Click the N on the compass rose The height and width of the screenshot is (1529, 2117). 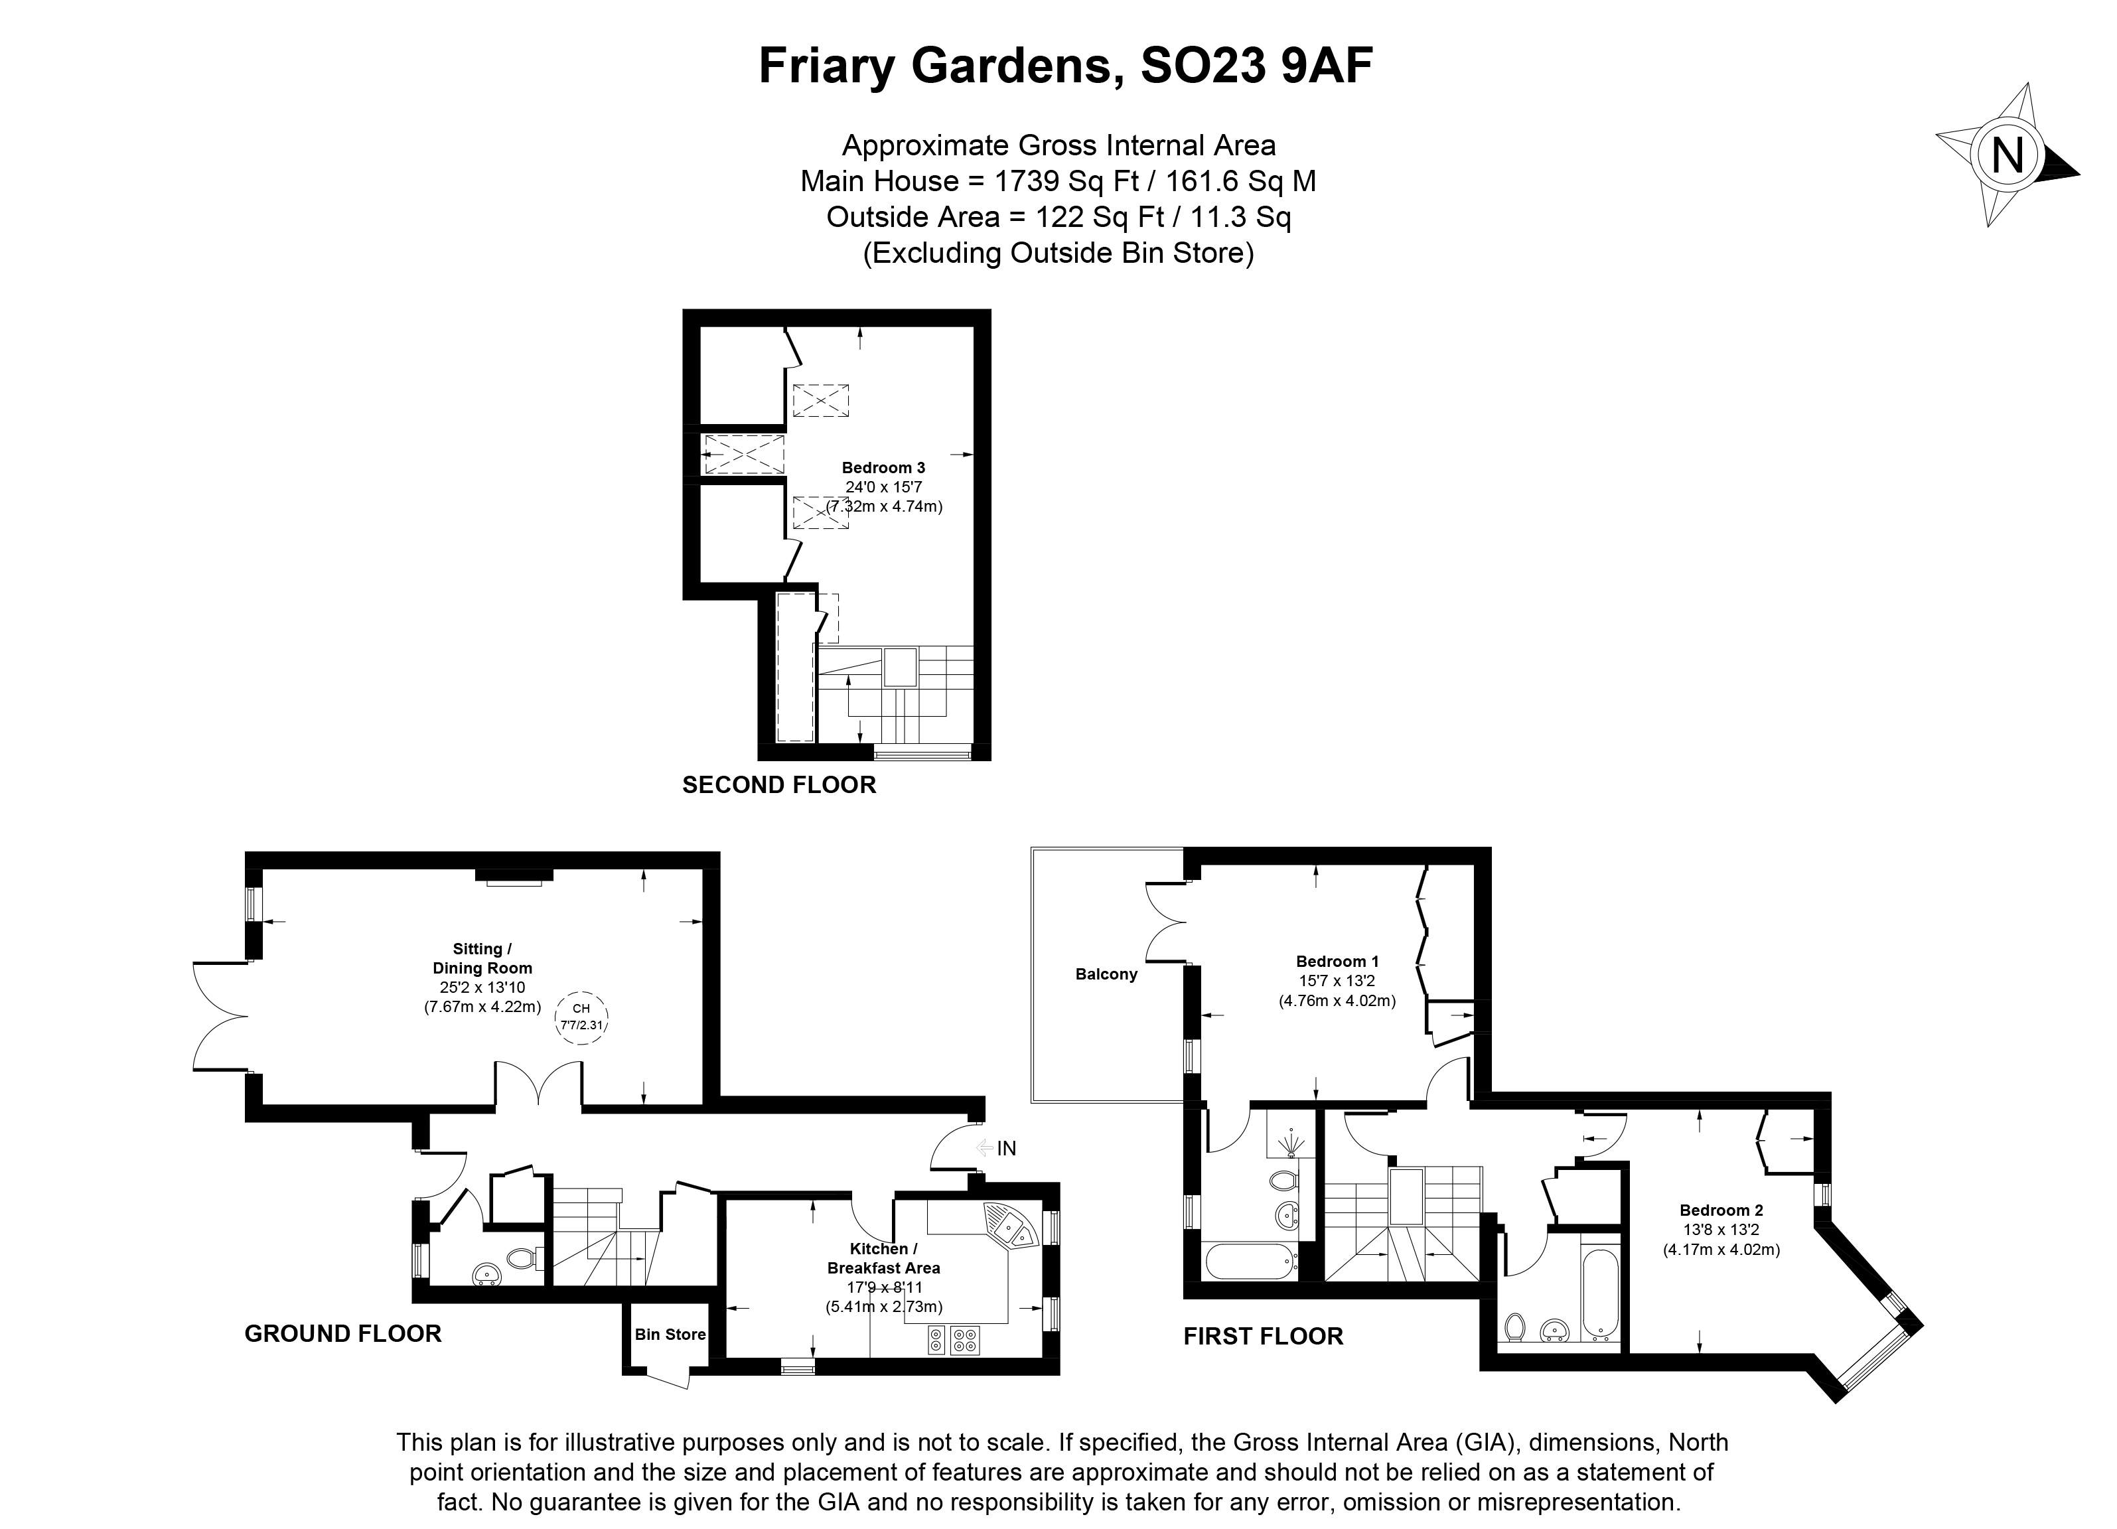pos(2008,156)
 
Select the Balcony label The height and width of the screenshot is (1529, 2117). pos(1106,974)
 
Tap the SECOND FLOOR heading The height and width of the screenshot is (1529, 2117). pos(778,785)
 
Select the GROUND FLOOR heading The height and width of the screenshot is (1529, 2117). pos(342,1333)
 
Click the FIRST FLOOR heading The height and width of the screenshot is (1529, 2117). pos(1263,1336)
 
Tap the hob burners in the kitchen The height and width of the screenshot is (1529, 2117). pos(953,1341)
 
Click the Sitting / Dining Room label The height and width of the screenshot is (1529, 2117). pos(482,958)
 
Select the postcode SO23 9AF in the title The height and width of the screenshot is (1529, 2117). pos(1256,66)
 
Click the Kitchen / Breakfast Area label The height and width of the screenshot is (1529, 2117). pos(883,1258)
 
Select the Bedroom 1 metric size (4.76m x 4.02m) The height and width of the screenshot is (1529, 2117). pos(1337,1001)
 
